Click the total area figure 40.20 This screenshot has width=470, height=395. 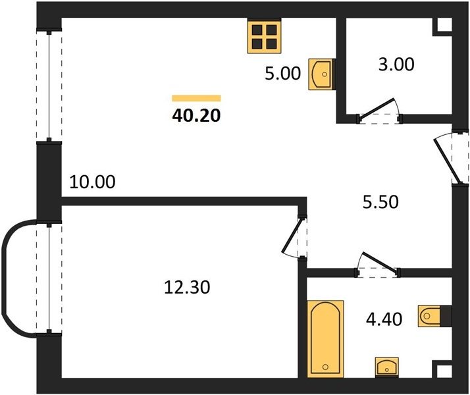point(196,115)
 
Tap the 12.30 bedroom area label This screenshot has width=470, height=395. point(188,287)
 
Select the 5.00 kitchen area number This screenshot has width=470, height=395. point(282,74)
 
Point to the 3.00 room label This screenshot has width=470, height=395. point(396,64)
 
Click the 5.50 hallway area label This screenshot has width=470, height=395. point(380,201)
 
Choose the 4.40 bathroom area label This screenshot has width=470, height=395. point(384,319)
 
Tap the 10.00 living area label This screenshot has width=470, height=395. point(92,182)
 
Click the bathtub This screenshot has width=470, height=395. point(325,339)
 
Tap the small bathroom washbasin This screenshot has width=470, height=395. point(387,367)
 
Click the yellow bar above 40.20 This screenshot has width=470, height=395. point(196,98)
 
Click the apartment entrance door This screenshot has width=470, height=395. point(447,161)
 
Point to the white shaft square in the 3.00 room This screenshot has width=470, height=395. point(444,24)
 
